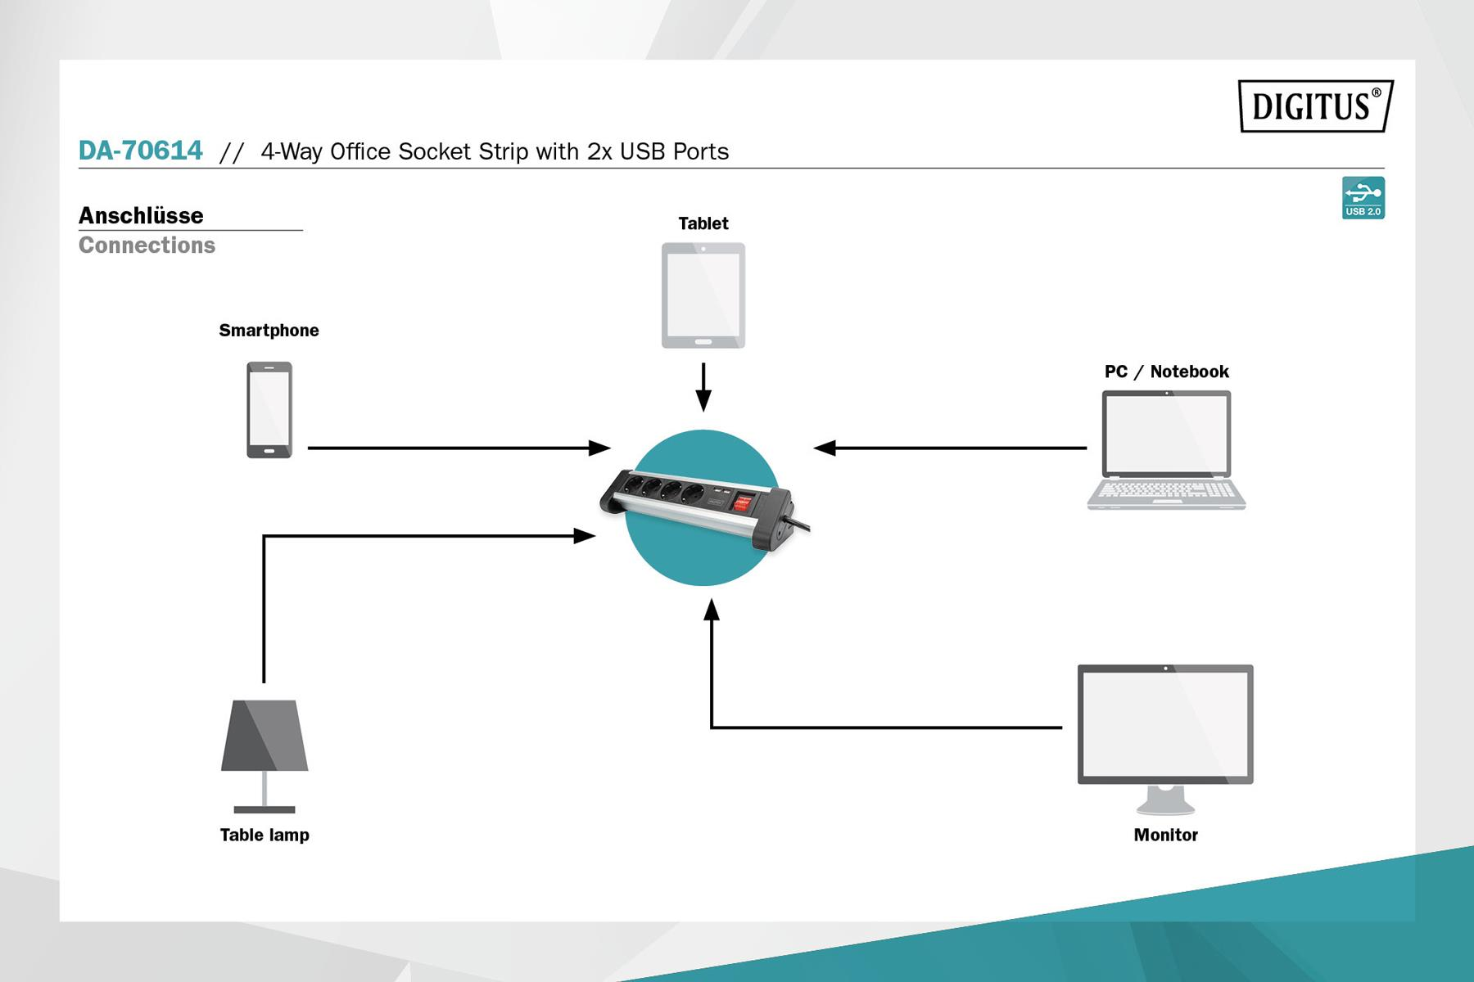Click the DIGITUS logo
point(1315,106)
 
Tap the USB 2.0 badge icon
point(1363,198)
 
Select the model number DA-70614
point(140,151)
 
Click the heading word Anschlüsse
point(141,215)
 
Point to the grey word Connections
point(147,245)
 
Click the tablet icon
point(703,295)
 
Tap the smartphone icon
point(269,409)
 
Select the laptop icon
point(1166,450)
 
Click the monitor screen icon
point(1165,724)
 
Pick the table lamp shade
point(265,735)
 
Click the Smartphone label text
point(269,331)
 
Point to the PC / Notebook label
point(1166,372)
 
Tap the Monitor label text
point(1165,835)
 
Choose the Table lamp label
point(265,835)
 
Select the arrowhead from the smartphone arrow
point(600,448)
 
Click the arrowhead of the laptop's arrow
point(825,448)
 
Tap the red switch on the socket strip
point(742,502)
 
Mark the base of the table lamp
point(265,809)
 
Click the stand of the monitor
point(1165,800)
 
